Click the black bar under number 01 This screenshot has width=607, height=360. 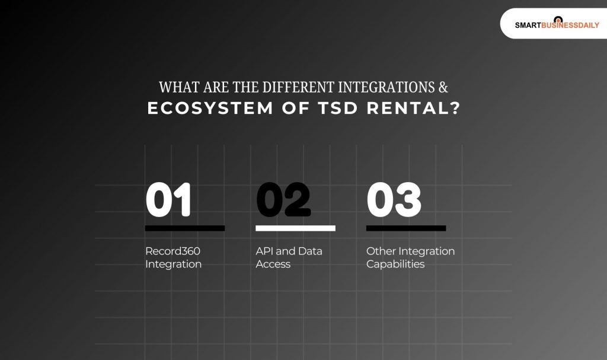pos(185,228)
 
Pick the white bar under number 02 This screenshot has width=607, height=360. pos(295,228)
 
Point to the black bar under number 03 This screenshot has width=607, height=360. pos(406,228)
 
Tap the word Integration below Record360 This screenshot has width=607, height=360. pos(173,264)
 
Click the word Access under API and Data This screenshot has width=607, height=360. pos(273,264)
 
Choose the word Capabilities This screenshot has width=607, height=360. pos(395,264)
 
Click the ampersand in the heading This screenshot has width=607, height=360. pos(443,87)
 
